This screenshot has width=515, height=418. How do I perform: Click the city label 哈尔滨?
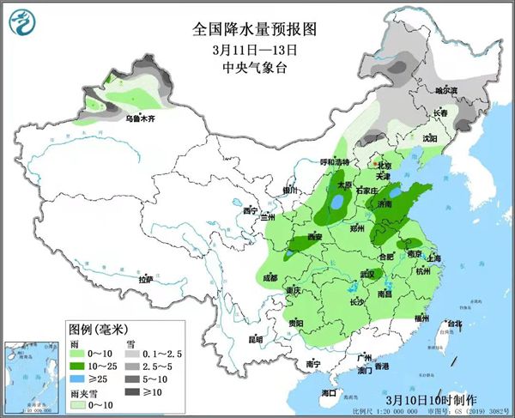(446, 90)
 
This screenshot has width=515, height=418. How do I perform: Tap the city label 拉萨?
(146, 279)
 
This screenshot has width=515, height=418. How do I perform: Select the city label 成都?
(270, 277)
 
